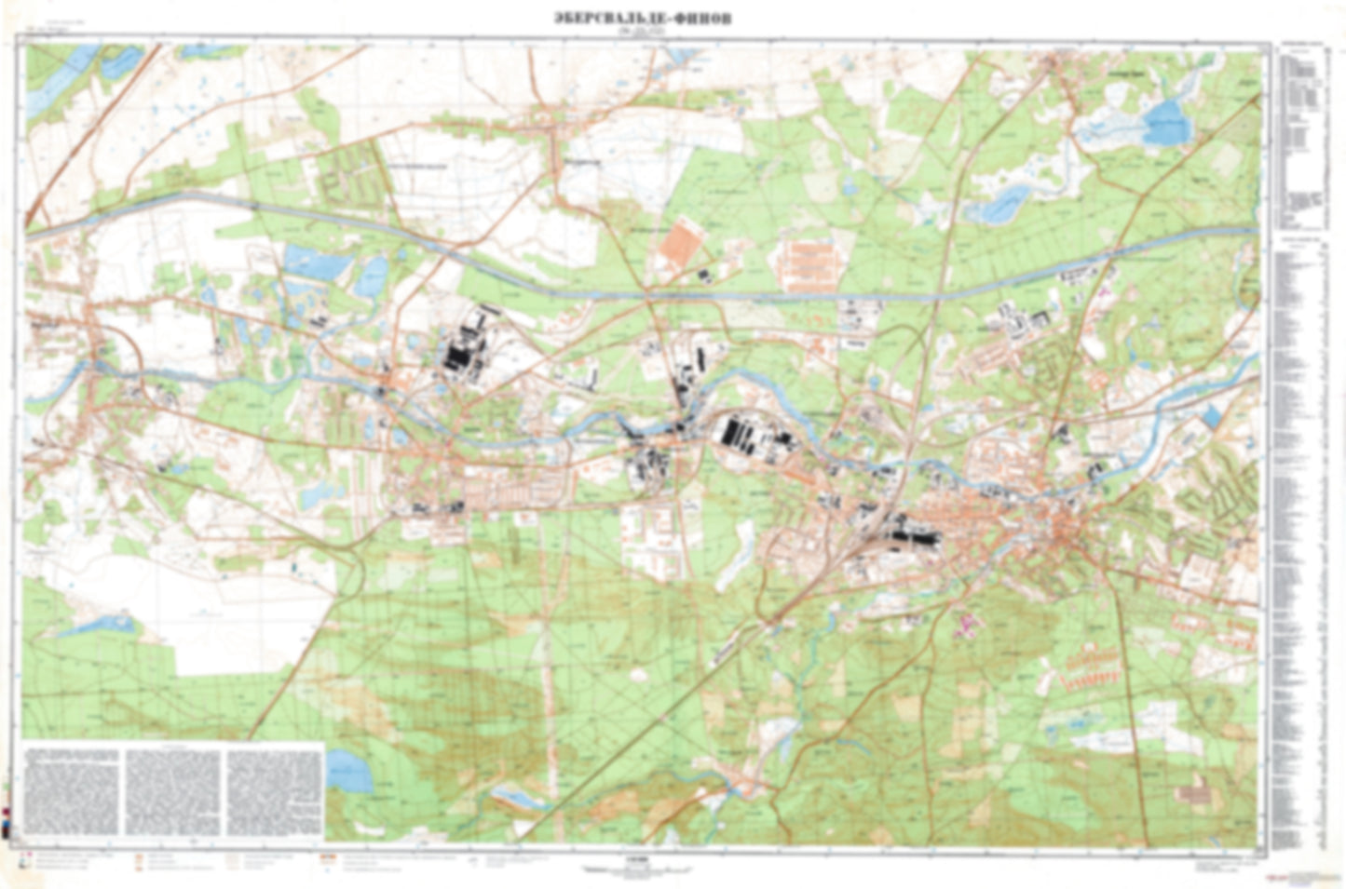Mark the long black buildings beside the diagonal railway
click(908, 535)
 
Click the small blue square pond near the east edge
click(1210, 416)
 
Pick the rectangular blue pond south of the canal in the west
click(317, 263)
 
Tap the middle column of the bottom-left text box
click(173, 791)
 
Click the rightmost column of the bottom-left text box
click(274, 791)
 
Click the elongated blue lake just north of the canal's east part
click(997, 207)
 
